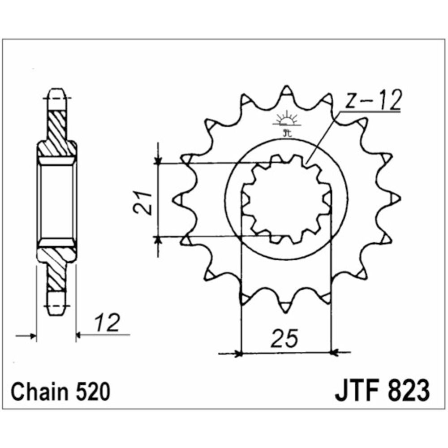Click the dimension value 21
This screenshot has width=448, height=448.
pos(142,202)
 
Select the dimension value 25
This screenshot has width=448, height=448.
pos(284,339)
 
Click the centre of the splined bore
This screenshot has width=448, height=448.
pos(287,199)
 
